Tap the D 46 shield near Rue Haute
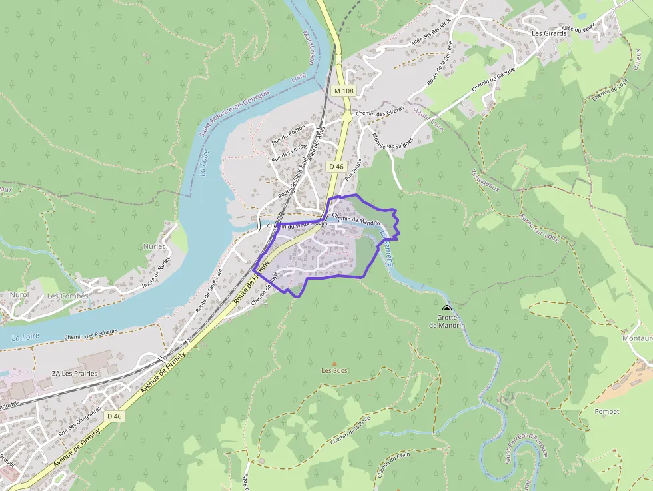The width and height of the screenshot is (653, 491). (336, 166)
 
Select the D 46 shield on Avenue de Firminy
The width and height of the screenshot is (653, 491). (114, 416)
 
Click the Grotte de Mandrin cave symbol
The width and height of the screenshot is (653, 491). (446, 308)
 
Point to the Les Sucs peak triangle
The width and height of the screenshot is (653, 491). (334, 362)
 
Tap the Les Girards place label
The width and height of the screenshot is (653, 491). (548, 33)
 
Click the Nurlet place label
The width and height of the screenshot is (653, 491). (153, 246)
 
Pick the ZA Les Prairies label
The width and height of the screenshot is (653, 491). (75, 373)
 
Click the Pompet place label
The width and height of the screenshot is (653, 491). (607, 411)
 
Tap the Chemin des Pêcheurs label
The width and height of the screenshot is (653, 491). (91, 334)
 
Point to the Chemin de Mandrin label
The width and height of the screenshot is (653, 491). (355, 219)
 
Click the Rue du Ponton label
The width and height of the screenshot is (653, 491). (288, 135)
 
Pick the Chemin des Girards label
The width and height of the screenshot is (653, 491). (380, 111)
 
